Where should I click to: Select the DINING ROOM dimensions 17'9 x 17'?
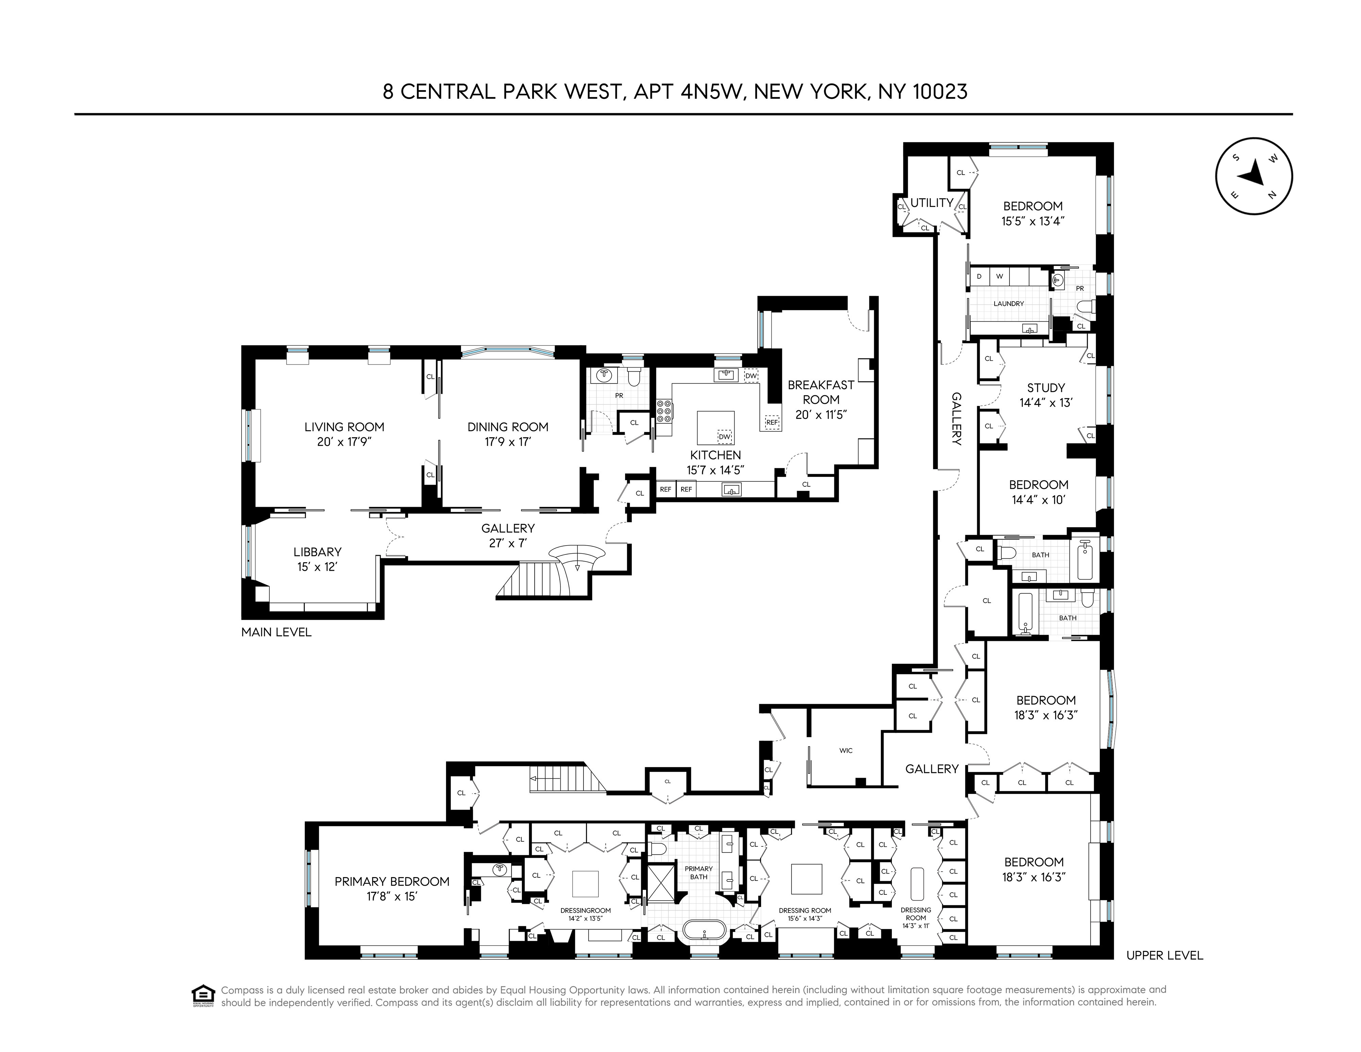pos(508,442)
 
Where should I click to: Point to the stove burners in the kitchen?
pos(664,411)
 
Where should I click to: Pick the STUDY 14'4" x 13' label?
pos(1046,395)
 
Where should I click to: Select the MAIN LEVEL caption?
pos(276,632)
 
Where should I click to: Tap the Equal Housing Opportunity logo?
pos(202,995)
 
